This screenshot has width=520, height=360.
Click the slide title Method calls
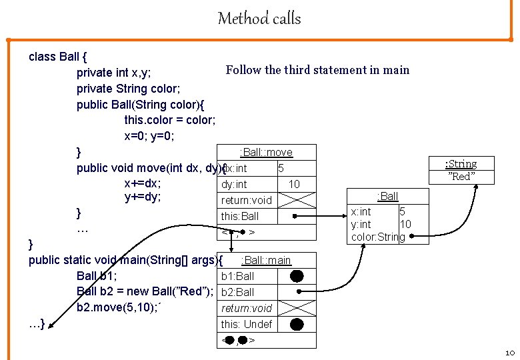pos(259,18)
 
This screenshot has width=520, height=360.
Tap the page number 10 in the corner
pos(509,352)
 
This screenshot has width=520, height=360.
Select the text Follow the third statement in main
pos(317,70)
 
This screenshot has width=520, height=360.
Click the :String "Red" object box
pos(461,170)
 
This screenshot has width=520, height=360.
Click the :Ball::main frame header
pos(266,260)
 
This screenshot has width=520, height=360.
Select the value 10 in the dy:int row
pos(293,183)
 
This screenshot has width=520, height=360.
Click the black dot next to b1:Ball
pos(297,275)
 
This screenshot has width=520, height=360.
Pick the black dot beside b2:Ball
pos(297,291)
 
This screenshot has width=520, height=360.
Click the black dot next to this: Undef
pos(297,324)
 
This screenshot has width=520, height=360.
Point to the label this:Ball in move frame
pos(240,216)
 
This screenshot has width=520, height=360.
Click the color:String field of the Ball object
pos(377,237)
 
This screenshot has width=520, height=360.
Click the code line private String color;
pos(128,88)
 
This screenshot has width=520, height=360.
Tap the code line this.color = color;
pos(169,120)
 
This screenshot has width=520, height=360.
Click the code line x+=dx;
pos(143,183)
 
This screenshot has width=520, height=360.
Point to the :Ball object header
pos(387,196)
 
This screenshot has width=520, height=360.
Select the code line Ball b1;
pos(97,276)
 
